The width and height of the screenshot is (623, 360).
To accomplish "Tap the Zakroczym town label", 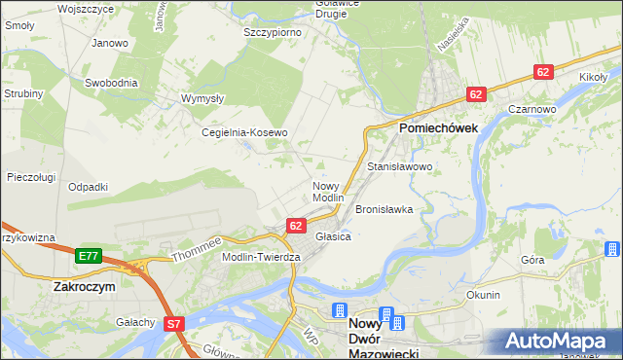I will (x=86, y=288).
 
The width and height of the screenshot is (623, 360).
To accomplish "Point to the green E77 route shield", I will (x=89, y=256).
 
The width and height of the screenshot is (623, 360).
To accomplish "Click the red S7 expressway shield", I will (x=174, y=324).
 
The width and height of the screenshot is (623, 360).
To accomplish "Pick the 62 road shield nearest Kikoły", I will (x=544, y=72).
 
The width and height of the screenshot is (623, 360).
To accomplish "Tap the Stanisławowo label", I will (x=399, y=167).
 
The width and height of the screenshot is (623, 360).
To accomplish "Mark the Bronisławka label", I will (x=385, y=209).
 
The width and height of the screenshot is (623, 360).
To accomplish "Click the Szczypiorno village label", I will (x=272, y=32).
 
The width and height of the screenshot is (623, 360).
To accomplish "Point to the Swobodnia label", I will (x=110, y=83).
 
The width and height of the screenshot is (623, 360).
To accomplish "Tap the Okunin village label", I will (x=483, y=295).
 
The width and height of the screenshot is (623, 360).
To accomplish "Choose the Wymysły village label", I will (x=204, y=99).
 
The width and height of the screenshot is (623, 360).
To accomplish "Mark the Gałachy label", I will (x=135, y=322).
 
